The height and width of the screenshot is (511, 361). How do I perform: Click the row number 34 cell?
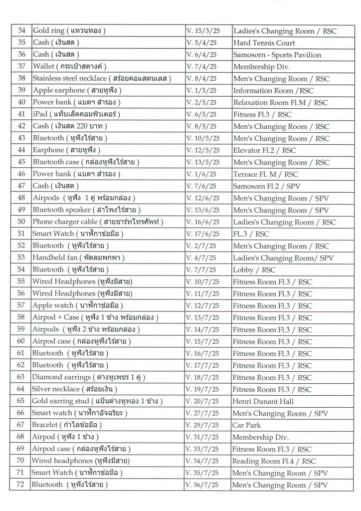click(21, 31)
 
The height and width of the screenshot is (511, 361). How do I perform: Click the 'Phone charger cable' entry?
click(98, 222)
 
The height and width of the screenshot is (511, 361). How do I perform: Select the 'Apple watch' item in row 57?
click(77, 305)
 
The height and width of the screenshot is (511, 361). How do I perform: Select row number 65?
click(21, 401)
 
